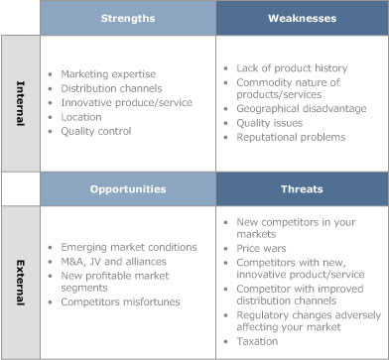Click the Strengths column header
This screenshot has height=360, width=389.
click(x=128, y=18)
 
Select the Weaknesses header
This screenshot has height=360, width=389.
click(x=302, y=18)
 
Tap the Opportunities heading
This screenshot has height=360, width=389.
click(x=128, y=189)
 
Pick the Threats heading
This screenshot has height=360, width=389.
click(x=302, y=189)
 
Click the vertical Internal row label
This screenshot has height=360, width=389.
click(x=21, y=103)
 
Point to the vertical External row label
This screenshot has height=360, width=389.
click(x=21, y=283)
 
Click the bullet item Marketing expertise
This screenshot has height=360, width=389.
click(x=108, y=74)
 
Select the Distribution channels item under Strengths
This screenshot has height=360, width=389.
click(x=111, y=88)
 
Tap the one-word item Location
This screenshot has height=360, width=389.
click(x=81, y=117)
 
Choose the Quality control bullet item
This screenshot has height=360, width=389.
click(x=96, y=131)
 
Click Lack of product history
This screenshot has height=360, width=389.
click(x=292, y=68)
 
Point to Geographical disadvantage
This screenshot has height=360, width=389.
click(x=302, y=109)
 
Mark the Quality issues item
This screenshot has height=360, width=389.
click(x=269, y=123)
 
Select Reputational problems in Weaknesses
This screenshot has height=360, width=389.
click(x=291, y=137)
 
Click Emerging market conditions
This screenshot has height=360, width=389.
click(x=129, y=247)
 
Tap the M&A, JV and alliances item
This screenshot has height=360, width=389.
click(x=113, y=262)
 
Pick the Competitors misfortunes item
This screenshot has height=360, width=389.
click(x=120, y=301)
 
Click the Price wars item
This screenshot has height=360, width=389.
click(x=261, y=248)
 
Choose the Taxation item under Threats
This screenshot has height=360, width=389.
click(x=257, y=341)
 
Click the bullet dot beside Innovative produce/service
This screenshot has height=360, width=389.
click(x=51, y=103)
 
